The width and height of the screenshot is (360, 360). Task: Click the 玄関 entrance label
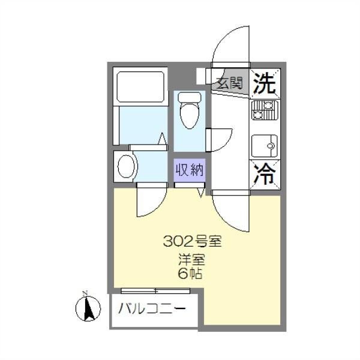pyautogui.click(x=229, y=83)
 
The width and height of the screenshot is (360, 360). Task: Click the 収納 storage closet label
pyautogui.click(x=190, y=170)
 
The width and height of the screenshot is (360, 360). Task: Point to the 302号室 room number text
pyautogui.click(x=193, y=242)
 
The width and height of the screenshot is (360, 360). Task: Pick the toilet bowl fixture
pyautogui.click(x=190, y=112)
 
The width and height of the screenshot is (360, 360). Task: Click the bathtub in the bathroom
pyautogui.click(x=140, y=87)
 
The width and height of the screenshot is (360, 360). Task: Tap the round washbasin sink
pyautogui.click(x=126, y=166)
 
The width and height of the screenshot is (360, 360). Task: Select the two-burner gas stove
pyautogui.click(x=264, y=110)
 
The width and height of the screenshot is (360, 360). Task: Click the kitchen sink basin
pyautogui.click(x=263, y=145)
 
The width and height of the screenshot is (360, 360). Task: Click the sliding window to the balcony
pyautogui.click(x=155, y=291)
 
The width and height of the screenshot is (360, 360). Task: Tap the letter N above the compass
pyautogui.click(x=85, y=293)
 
